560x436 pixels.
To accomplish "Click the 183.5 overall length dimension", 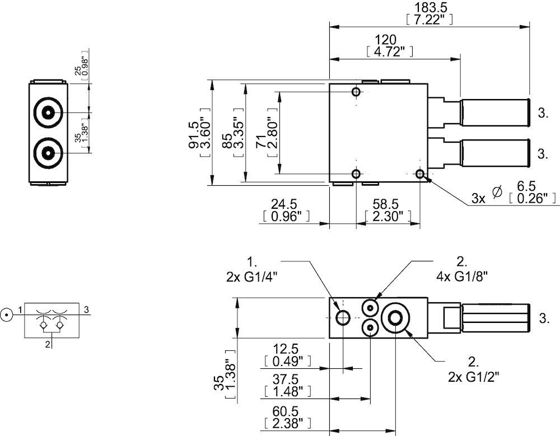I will tap(428, 8).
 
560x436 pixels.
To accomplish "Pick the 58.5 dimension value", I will tap(388, 204).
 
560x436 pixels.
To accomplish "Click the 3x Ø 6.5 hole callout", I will tap(515, 193).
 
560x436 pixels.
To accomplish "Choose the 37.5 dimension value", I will tap(286, 379).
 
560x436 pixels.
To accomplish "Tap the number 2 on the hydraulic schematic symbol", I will tap(48, 344).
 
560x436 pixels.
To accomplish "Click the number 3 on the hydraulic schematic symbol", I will tap(87, 309).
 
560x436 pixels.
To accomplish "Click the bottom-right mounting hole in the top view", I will tap(421, 175).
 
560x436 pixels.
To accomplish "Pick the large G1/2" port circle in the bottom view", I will tap(396, 318).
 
